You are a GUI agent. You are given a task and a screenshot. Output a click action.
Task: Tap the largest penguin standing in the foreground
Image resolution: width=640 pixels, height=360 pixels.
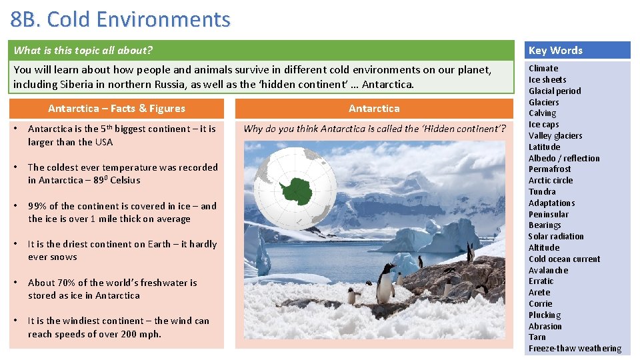[385, 283]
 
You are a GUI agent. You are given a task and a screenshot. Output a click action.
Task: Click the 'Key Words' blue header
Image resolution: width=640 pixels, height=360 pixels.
[555, 51]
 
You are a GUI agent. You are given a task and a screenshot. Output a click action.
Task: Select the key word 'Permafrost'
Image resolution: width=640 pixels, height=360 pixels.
[549, 169]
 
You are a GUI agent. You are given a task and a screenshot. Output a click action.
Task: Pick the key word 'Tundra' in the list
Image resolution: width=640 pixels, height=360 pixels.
[542, 191]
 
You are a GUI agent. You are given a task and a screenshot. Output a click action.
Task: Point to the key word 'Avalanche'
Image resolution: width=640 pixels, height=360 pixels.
[548, 270]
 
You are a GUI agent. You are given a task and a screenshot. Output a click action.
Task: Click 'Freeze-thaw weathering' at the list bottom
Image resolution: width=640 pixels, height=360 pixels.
[575, 349]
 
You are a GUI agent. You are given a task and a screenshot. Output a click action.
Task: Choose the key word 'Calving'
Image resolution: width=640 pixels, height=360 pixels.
[542, 113]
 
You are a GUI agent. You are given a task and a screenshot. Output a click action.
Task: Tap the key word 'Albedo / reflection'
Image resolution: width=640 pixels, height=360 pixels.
[564, 158]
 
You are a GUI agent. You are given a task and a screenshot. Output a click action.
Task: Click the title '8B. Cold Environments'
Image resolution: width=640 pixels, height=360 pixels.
[121, 19]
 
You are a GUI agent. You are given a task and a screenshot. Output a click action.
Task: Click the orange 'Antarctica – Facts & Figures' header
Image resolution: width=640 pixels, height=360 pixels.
[117, 109]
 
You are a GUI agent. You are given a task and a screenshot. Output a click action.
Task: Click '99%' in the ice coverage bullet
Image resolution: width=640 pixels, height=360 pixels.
[37, 206]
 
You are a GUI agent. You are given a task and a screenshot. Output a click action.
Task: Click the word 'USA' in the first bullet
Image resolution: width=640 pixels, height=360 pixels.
[103, 142]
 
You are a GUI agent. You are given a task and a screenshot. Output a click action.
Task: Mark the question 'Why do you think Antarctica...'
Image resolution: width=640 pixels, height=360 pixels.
[374, 129]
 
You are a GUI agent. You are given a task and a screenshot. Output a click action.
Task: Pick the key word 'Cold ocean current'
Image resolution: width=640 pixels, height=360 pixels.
[564, 259]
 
